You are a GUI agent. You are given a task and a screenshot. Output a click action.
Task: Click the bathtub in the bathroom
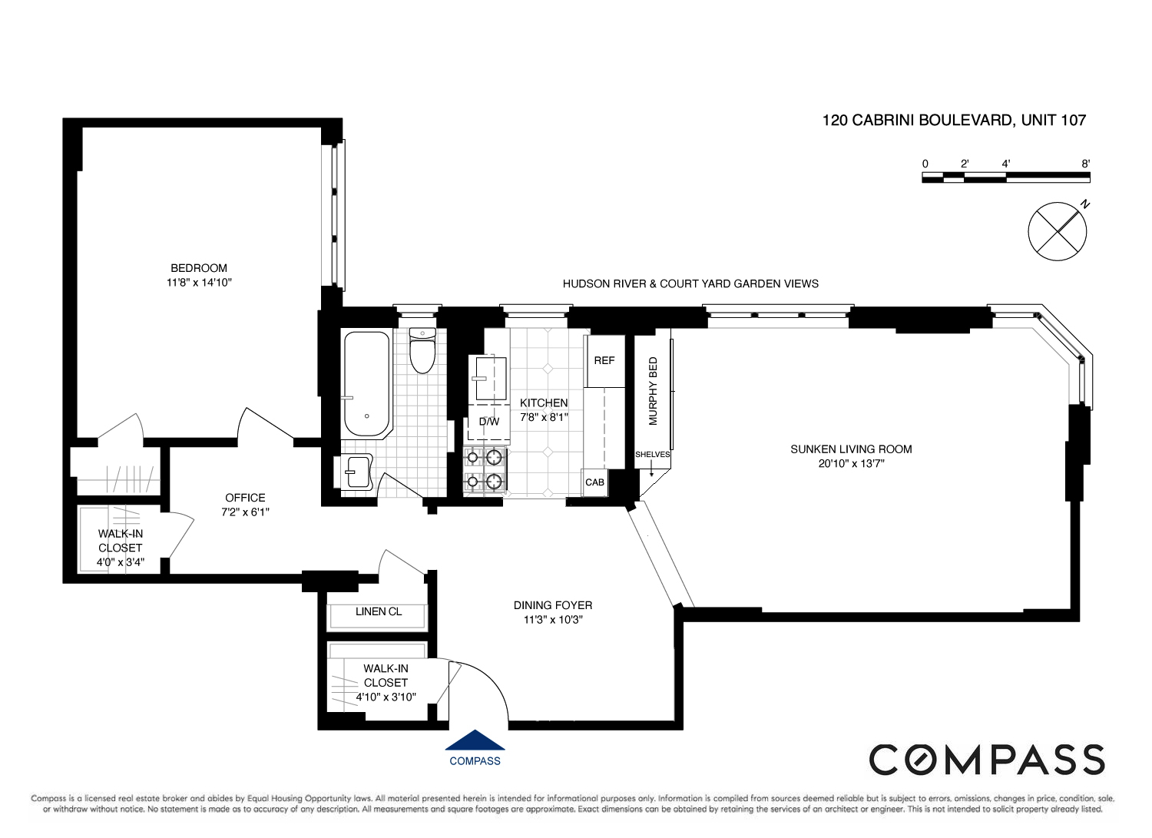(x=366, y=383)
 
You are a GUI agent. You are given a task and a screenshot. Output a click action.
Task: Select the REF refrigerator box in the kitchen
(x=604, y=360)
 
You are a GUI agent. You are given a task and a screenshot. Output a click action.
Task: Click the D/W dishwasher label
(x=489, y=422)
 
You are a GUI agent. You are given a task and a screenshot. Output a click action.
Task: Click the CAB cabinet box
(x=594, y=482)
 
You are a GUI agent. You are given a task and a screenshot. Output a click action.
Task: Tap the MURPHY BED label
(x=654, y=391)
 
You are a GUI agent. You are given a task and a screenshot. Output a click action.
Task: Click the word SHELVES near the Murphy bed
(x=652, y=455)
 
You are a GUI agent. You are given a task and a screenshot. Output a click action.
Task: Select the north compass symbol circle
(x=1058, y=231)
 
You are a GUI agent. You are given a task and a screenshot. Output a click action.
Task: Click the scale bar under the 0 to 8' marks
(x=1005, y=177)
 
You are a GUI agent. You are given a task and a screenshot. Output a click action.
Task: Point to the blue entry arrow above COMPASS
(x=475, y=740)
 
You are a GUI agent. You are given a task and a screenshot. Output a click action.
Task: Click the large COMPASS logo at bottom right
(x=986, y=760)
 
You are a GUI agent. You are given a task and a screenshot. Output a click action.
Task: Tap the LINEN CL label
(x=379, y=611)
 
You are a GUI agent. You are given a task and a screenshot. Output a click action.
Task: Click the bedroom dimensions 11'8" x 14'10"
(x=199, y=282)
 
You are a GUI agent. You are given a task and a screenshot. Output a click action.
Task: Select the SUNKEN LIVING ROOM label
(x=851, y=449)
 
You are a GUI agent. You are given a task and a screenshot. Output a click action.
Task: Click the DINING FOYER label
(x=553, y=605)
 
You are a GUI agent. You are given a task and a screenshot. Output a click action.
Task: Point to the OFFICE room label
(x=245, y=498)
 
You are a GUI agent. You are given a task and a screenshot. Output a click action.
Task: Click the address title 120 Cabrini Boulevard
(x=954, y=120)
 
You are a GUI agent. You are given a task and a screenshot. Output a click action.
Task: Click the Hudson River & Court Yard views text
(x=690, y=283)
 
